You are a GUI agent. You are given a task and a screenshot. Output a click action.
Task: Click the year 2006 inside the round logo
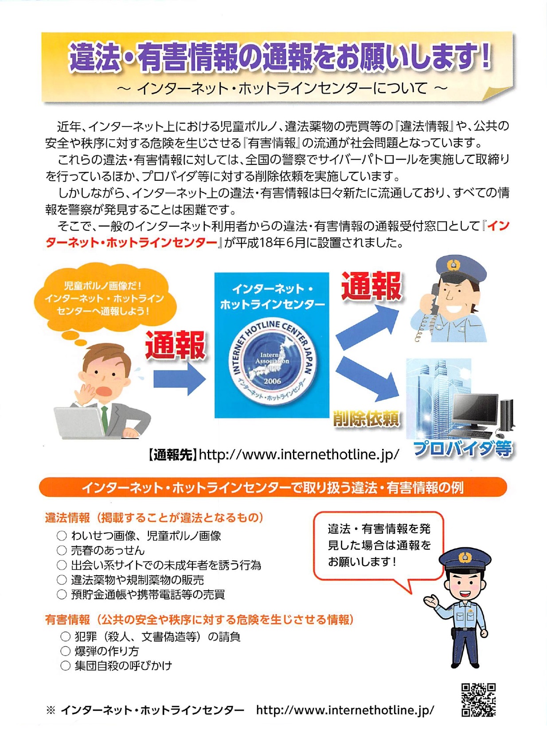(273, 381)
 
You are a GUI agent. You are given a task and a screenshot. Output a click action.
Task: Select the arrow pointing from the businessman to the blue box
(180, 379)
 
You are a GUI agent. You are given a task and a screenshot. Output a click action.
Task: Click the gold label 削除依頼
(367, 419)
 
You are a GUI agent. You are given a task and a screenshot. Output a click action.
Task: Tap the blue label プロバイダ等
(463, 449)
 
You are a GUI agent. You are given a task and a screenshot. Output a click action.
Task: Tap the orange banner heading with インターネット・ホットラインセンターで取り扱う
(273, 488)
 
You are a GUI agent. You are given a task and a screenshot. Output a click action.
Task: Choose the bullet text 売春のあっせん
(108, 550)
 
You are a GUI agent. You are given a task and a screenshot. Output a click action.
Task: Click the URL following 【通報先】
(298, 455)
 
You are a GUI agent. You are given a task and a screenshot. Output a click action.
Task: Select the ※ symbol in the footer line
(51, 710)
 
